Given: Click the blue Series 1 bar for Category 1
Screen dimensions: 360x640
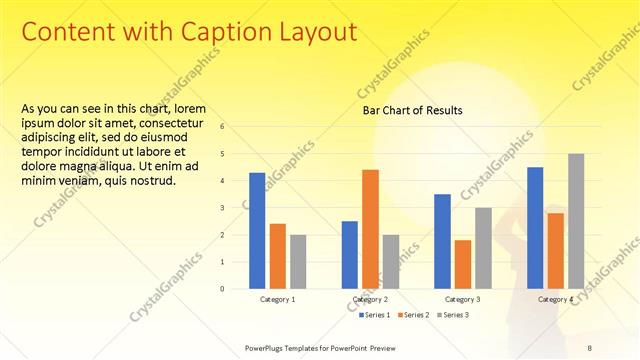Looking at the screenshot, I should click(x=257, y=231).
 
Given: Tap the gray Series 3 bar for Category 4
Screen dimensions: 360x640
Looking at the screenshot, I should click(x=576, y=221).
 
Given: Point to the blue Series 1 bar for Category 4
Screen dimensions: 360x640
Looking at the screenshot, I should click(x=535, y=228).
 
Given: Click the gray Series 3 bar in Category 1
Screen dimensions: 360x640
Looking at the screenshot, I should click(x=298, y=262).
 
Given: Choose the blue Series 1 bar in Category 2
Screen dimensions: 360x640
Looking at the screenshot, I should click(x=350, y=255).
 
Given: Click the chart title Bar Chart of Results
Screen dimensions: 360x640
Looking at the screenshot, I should click(x=412, y=111).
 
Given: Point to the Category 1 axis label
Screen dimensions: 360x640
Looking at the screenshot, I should click(x=278, y=299).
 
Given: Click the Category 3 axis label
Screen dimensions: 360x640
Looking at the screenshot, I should click(x=463, y=299).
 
